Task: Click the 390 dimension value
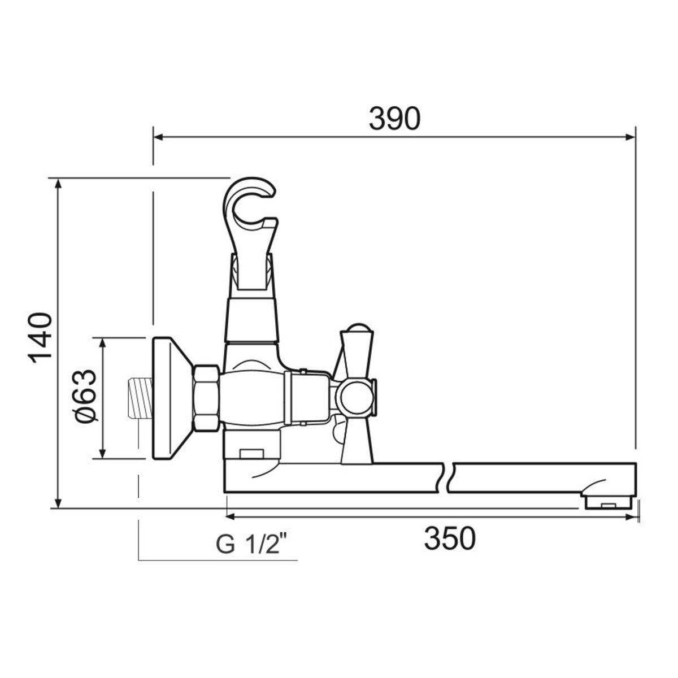pyautogui.click(x=394, y=119)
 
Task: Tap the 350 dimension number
pyautogui.click(x=450, y=538)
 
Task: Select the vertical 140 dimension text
pyautogui.click(x=40, y=338)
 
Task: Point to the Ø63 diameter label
pyautogui.click(x=85, y=396)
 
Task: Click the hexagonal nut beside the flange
pyautogui.click(x=206, y=398)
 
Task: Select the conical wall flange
pyautogui.click(x=172, y=398)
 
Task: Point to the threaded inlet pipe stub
pyautogui.click(x=141, y=398)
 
